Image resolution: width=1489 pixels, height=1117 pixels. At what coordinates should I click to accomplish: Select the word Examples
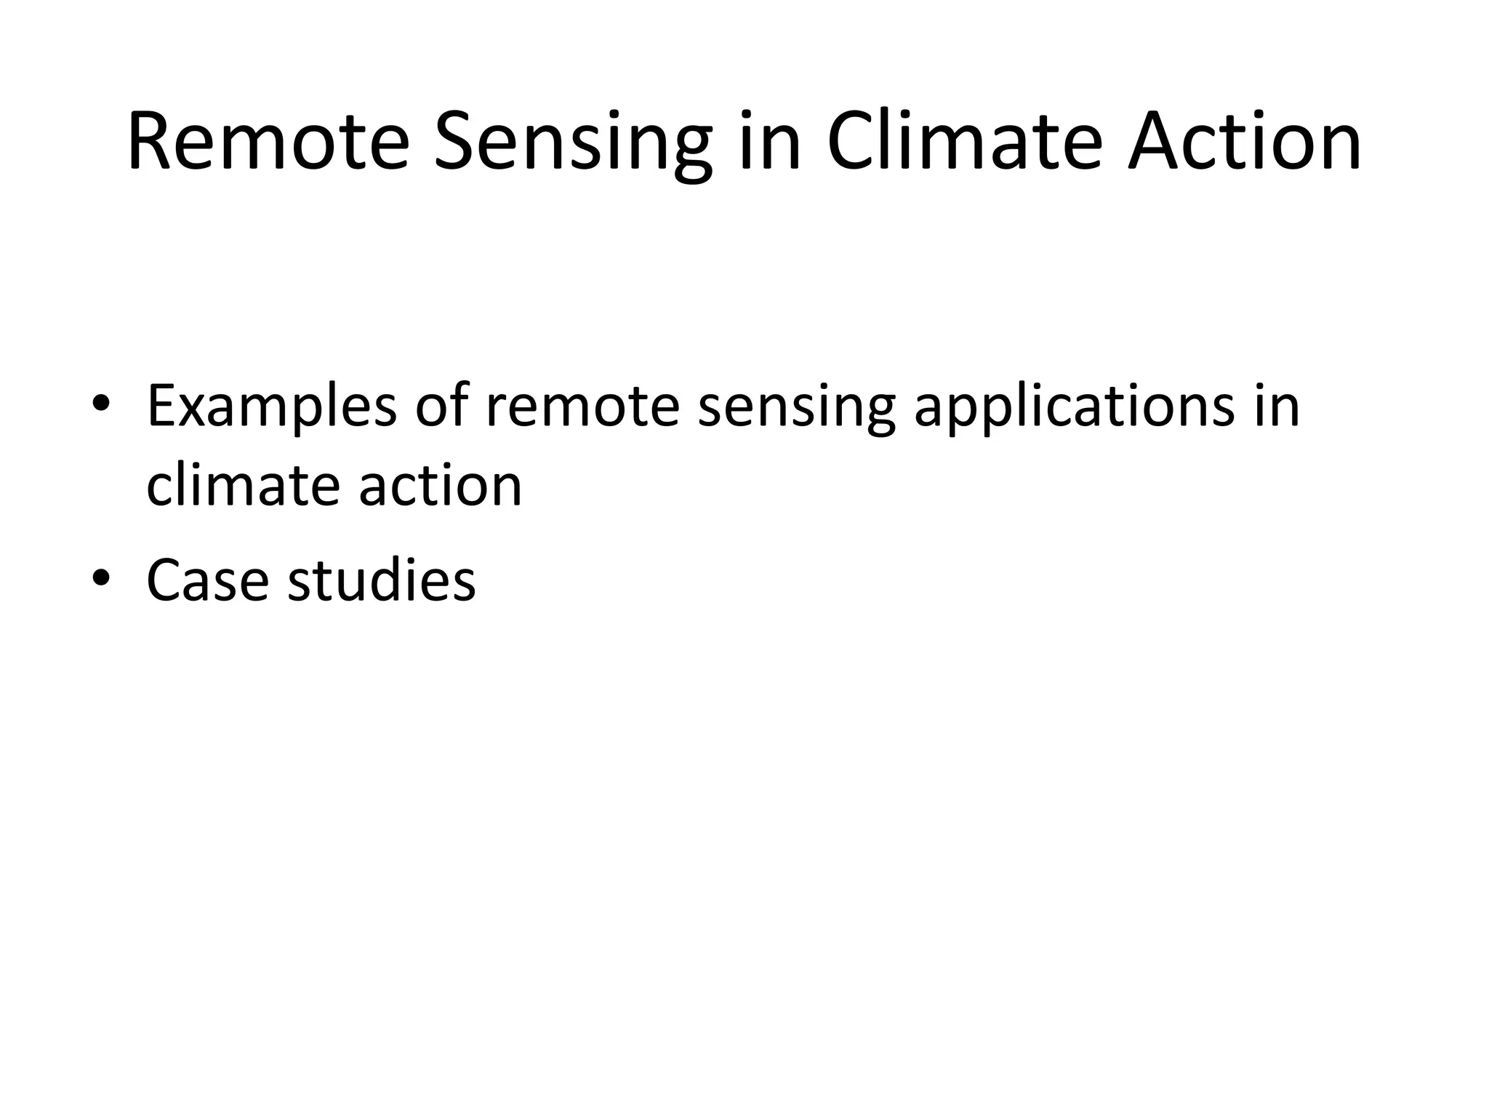[272, 409]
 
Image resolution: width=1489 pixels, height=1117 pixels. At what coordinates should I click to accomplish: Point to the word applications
[1074, 409]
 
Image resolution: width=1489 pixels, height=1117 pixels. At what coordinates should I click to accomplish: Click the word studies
[382, 580]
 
